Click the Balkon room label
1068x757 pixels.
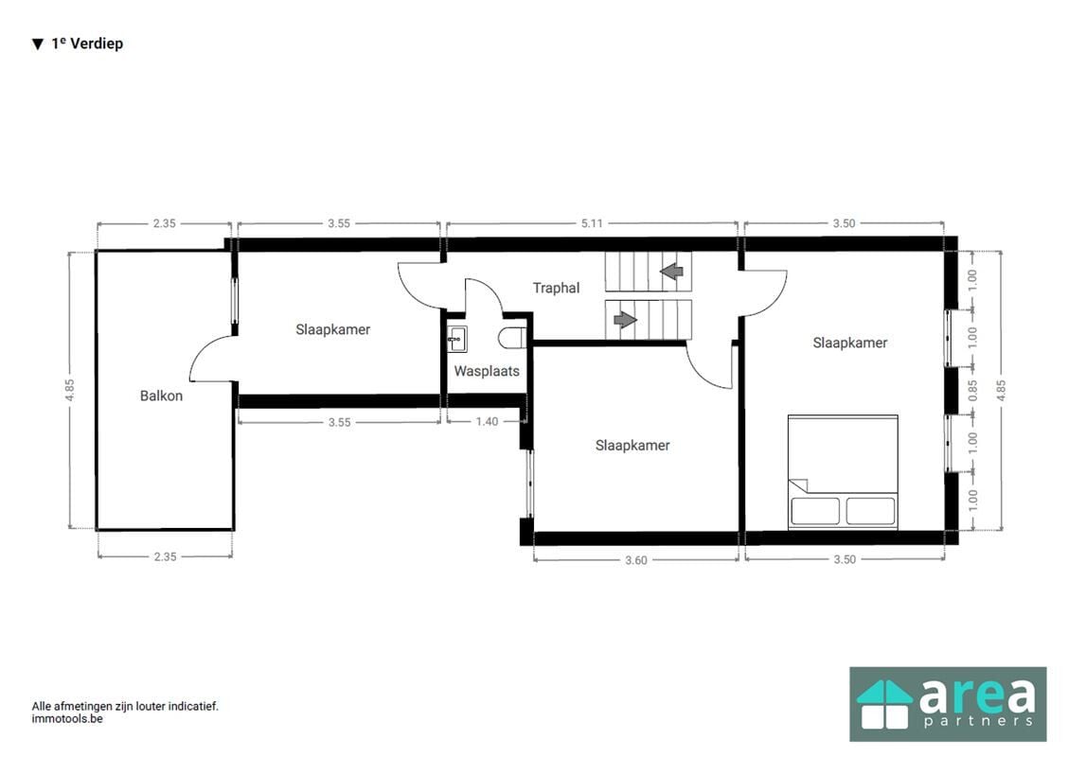pos(161,396)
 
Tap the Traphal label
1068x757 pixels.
pos(556,288)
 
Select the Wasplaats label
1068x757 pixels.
pos(487,371)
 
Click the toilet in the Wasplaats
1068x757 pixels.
pos(512,338)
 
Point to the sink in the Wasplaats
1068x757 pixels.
pos(457,339)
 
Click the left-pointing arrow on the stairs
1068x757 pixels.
pos(671,272)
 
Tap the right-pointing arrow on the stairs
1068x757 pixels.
pos(625,319)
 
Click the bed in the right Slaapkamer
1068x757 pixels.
pos(843,472)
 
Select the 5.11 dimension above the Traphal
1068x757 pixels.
pos(591,223)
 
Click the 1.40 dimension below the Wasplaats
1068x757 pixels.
pos(487,421)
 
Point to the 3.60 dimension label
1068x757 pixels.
pos(635,560)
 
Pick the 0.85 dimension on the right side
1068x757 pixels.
pos(972,391)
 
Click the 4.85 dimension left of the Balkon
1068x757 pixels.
pos(69,390)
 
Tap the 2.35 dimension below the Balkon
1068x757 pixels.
pos(165,556)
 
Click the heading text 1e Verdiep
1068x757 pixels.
pos(87,44)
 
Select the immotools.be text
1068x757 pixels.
pos(66,719)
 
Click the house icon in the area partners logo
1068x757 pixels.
pos(884,705)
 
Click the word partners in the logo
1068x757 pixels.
pos(977,720)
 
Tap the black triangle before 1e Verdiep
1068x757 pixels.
pos(38,44)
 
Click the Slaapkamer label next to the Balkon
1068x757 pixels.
pos(332,329)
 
